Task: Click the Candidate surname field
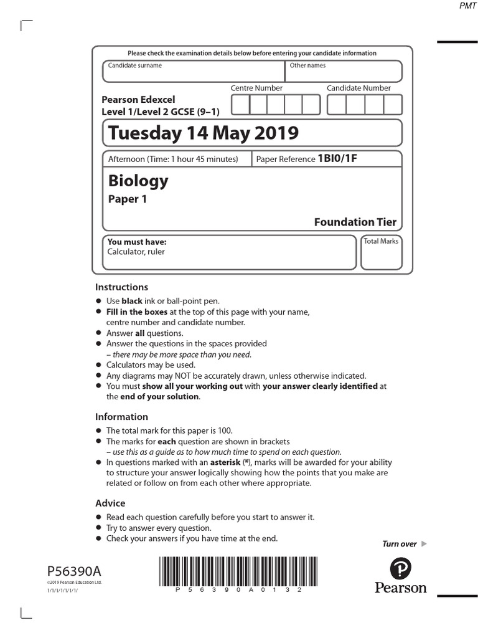pyautogui.click(x=193, y=72)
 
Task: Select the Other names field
pyautogui.click(x=343, y=72)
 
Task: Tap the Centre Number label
pyautogui.click(x=256, y=88)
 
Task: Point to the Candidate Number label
pyautogui.click(x=358, y=88)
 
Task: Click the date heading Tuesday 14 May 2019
pyautogui.click(x=203, y=133)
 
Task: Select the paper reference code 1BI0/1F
pyautogui.click(x=337, y=159)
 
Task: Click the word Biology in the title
pyautogui.click(x=138, y=181)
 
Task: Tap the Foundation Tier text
pyautogui.click(x=355, y=222)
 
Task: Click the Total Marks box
pyautogui.click(x=381, y=252)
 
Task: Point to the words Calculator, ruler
pyautogui.click(x=136, y=252)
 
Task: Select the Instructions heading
pyautogui.click(x=121, y=287)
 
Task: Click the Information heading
pyautogui.click(x=121, y=417)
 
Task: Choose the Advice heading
pyautogui.click(x=110, y=503)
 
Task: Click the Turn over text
pyautogui.click(x=400, y=544)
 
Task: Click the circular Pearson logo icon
pyautogui.click(x=401, y=568)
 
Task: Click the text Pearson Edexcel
pyautogui.click(x=138, y=100)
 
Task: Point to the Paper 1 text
pyautogui.click(x=128, y=200)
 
